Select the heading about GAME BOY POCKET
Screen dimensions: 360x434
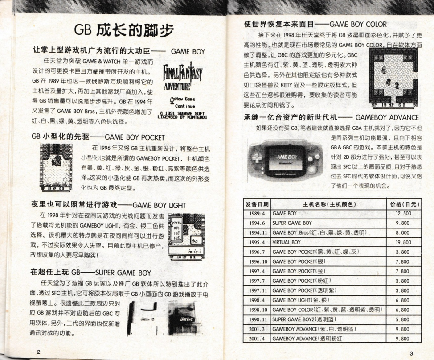[x=98, y=137]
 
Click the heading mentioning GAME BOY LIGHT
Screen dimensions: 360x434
[x=108, y=205]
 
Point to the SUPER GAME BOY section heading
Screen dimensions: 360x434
[x=91, y=272]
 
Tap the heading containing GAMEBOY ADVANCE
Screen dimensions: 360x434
[x=331, y=117]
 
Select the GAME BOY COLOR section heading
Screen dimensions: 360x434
[x=315, y=24]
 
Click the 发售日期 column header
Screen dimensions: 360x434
[x=257, y=204]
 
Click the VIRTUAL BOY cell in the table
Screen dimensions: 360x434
[x=287, y=242]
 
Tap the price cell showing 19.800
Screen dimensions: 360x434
[x=402, y=242]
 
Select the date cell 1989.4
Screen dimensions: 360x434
[x=257, y=214]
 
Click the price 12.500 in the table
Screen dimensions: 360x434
[x=402, y=214]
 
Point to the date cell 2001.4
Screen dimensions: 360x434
[x=257, y=339]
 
